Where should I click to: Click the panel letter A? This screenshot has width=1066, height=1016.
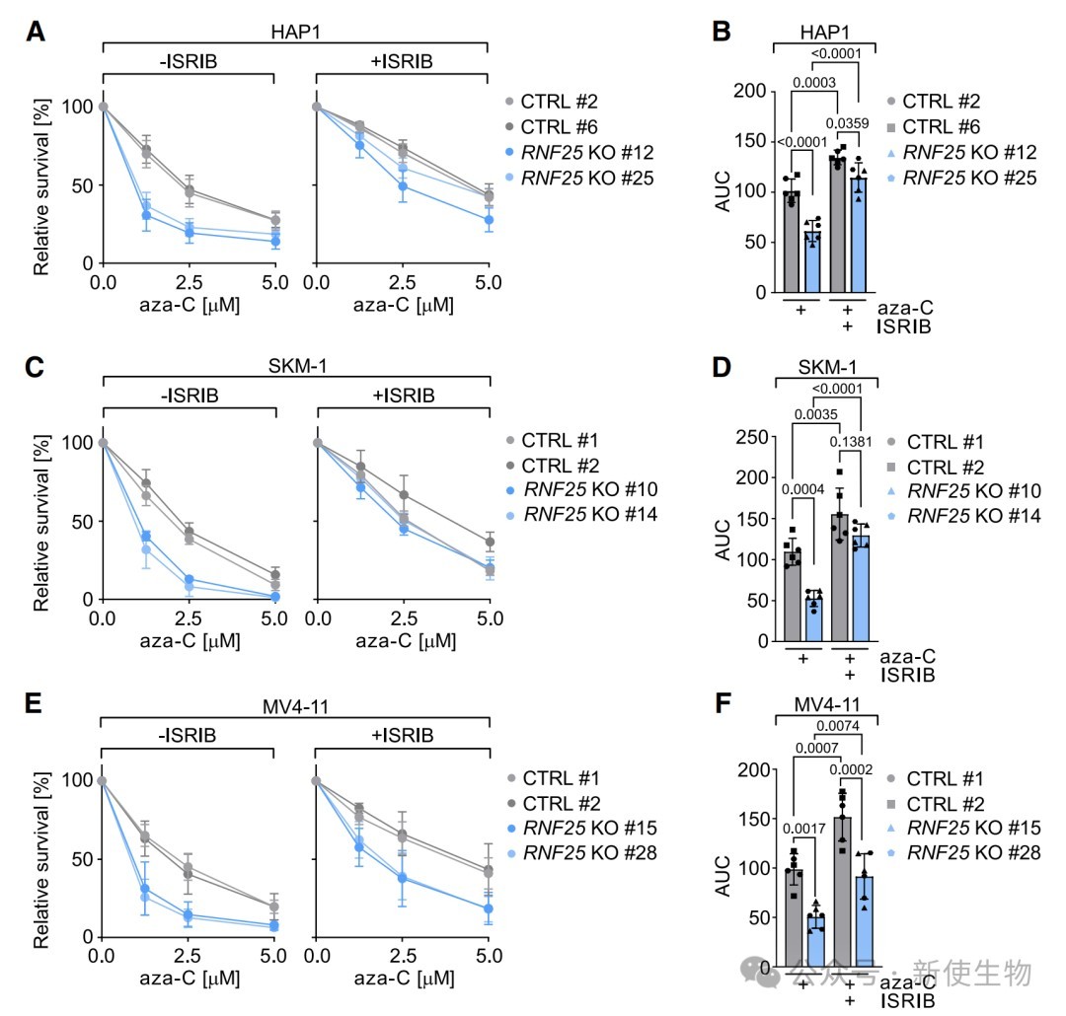tap(36, 32)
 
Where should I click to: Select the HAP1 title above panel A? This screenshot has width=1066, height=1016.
tap(295, 32)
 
